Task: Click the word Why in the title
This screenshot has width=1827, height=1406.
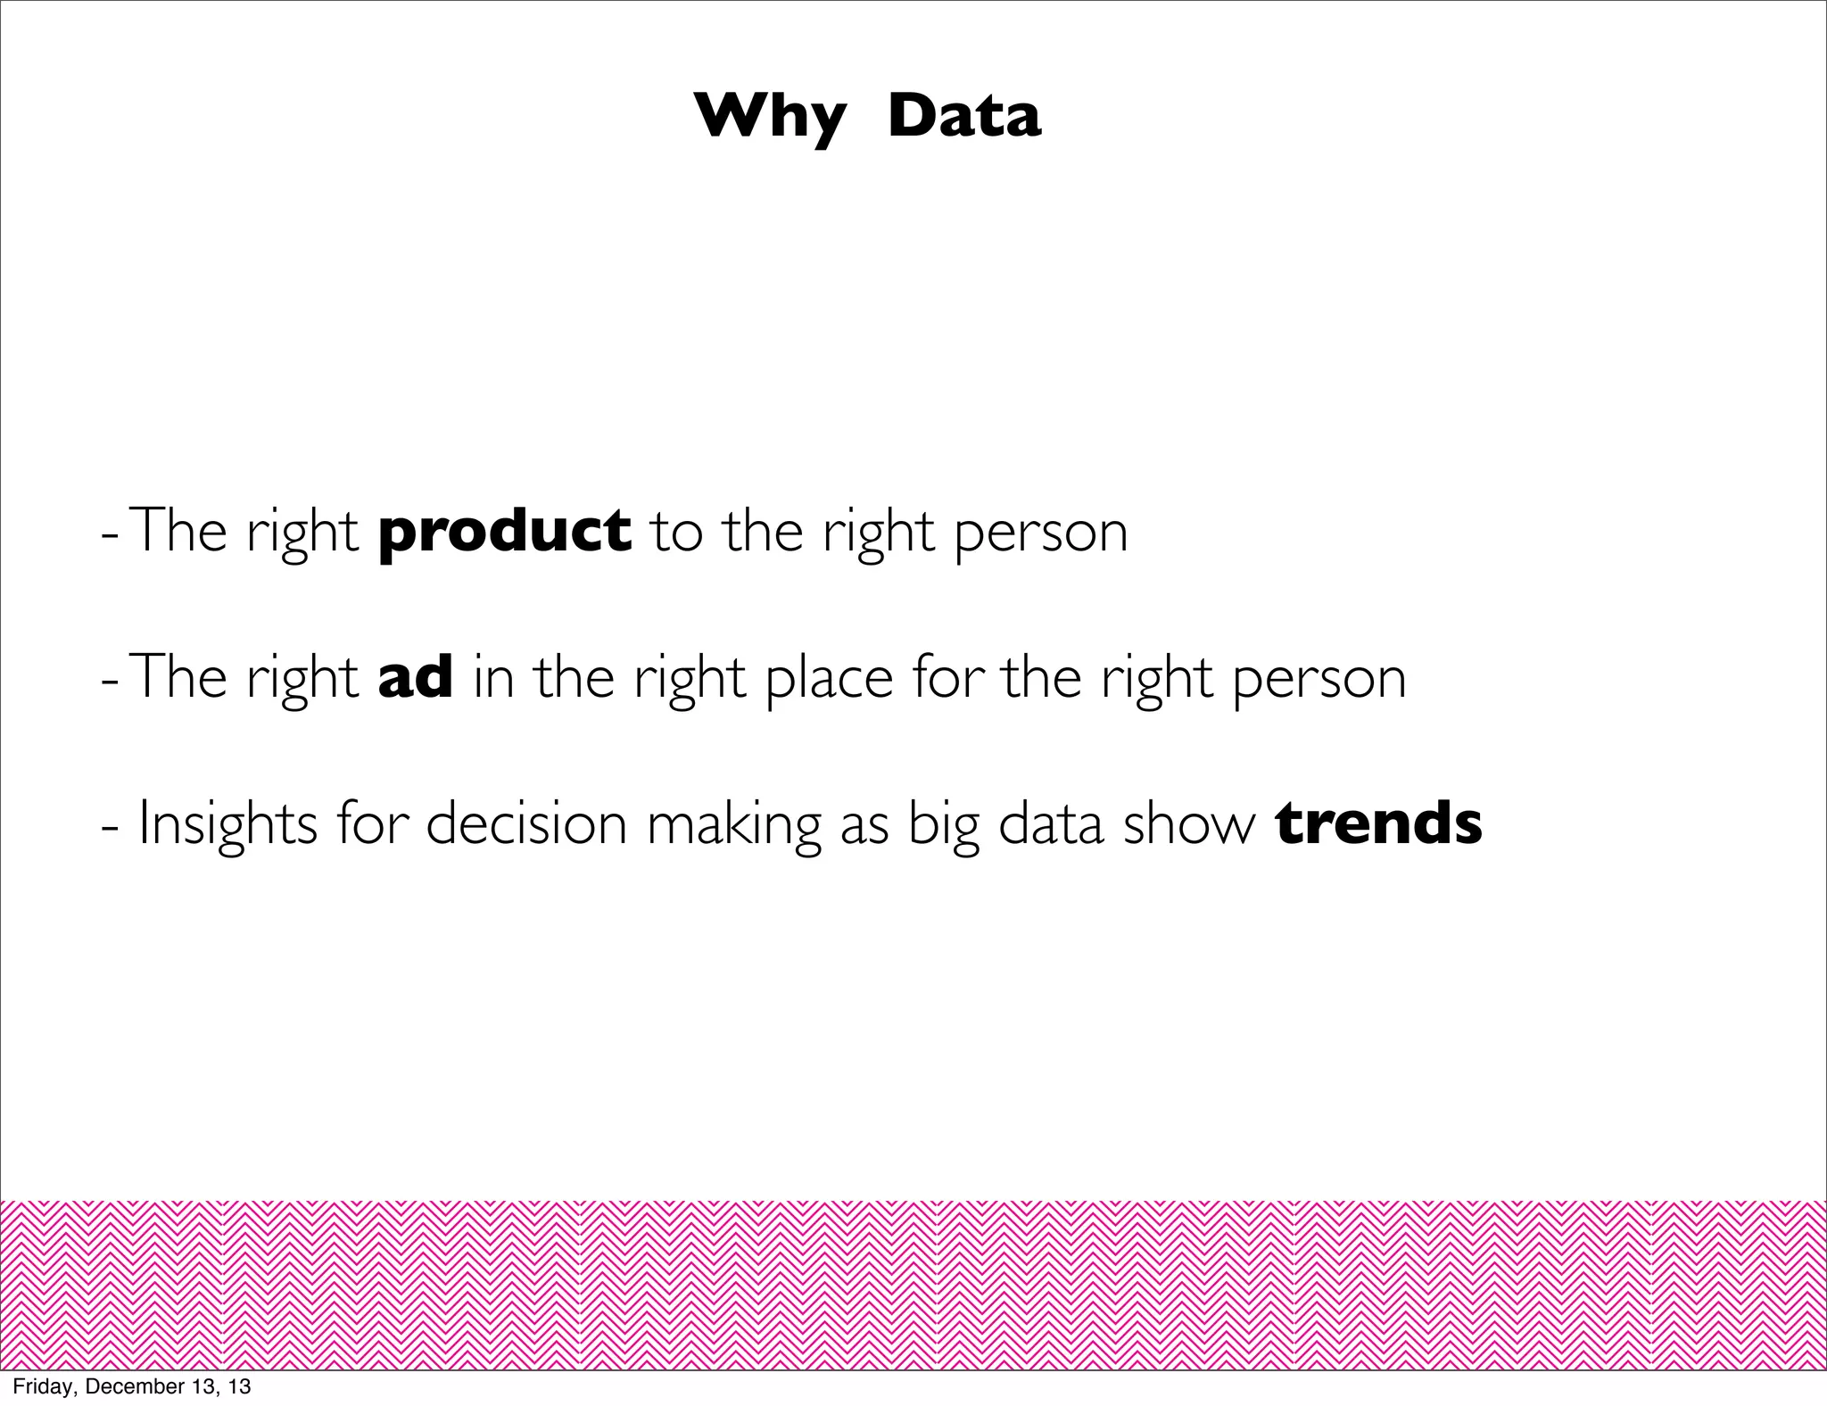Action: [x=770, y=118]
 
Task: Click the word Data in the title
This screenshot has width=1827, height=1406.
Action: [x=964, y=116]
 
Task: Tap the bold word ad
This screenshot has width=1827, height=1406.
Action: [x=416, y=677]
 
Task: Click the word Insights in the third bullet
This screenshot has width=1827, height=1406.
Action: [x=227, y=824]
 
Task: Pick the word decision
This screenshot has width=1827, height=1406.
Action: [x=527, y=824]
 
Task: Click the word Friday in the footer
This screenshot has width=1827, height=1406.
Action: [x=36, y=1387]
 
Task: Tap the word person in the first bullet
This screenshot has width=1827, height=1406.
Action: [x=1041, y=534]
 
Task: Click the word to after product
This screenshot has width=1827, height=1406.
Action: [x=677, y=533]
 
